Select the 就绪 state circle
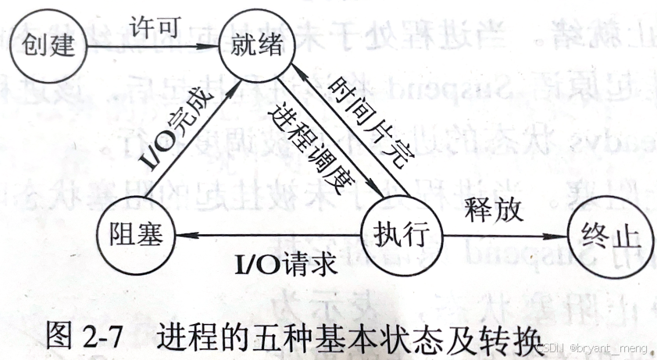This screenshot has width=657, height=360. pos(252,45)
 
